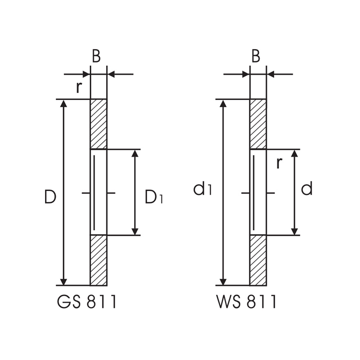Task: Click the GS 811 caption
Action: pos(87,302)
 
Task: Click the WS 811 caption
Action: pos(247,302)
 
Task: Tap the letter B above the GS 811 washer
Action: pos(96,57)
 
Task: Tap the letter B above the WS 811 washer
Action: pos(256,57)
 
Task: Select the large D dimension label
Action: pos(50,197)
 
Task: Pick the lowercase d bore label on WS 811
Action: pos(307,189)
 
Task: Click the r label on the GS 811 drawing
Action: pos(79,87)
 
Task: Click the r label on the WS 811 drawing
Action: pos(279,163)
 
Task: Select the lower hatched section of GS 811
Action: pos(98,260)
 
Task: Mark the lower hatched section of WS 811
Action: pos(258,260)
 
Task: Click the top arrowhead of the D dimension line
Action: pos(63,103)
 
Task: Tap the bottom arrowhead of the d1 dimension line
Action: pos(223,282)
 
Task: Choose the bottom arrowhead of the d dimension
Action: pos(294,231)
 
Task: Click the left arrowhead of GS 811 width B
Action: pos(86,74)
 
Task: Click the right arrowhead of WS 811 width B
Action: pos(270,74)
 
